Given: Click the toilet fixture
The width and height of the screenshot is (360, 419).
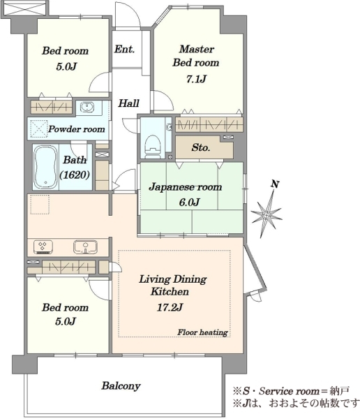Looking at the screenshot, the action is click(x=153, y=146).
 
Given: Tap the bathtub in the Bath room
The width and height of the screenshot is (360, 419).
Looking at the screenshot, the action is click(x=45, y=168).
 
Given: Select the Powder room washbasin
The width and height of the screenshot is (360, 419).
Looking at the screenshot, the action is click(x=87, y=108).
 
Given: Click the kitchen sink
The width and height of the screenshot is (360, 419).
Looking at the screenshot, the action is click(x=85, y=247).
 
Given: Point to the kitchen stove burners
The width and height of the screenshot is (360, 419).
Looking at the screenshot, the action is click(x=43, y=247).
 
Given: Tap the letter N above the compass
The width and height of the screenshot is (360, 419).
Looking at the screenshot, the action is click(x=275, y=184).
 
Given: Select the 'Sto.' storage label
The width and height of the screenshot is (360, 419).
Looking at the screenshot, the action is click(x=200, y=147).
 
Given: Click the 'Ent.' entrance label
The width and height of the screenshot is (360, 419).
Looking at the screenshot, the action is click(x=124, y=49).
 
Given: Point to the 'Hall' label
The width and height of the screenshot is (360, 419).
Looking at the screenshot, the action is click(x=129, y=103).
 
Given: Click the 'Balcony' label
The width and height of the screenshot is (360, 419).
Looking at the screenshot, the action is click(x=121, y=386).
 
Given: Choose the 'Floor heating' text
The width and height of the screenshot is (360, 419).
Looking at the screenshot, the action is click(x=202, y=332).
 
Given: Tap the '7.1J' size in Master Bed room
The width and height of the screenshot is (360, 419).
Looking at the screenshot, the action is click(x=196, y=79).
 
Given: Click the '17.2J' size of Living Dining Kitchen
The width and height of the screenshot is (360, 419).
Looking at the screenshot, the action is click(x=170, y=307).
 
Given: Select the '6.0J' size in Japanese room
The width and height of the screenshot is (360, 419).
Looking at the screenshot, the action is click(x=189, y=203).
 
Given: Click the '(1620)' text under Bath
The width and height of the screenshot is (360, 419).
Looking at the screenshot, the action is click(x=75, y=175).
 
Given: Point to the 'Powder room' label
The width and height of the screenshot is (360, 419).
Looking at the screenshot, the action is click(x=76, y=129).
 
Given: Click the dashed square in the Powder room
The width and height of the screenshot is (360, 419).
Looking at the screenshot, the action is click(x=39, y=128).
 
